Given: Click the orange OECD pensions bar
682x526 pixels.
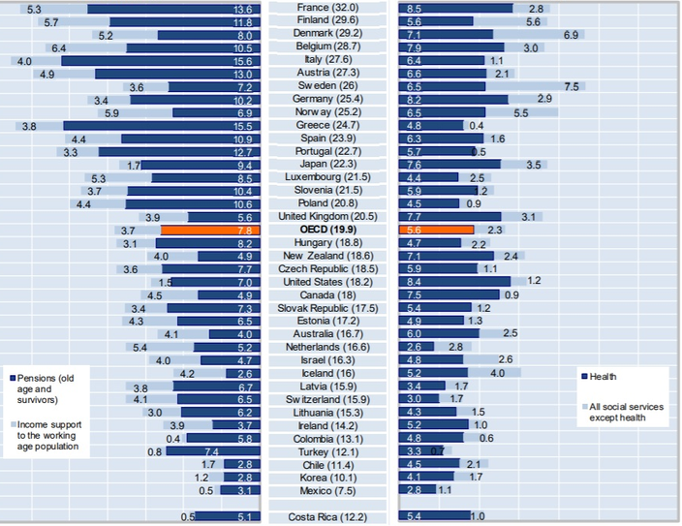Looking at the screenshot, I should pos(209,230).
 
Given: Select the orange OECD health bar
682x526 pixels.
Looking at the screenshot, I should pos(436,230).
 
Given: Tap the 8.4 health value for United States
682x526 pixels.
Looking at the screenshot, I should pos(414,281).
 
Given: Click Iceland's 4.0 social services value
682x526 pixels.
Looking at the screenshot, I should pos(498,373).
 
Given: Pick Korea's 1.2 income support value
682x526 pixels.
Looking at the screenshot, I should pos(201,478).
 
